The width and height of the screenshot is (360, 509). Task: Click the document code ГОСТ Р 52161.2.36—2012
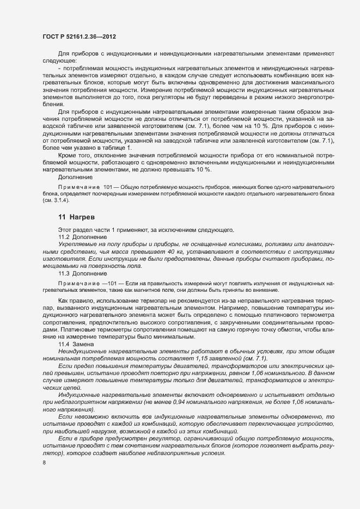coord(78,36)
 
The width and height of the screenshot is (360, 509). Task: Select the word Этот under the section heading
coord(65,230)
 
